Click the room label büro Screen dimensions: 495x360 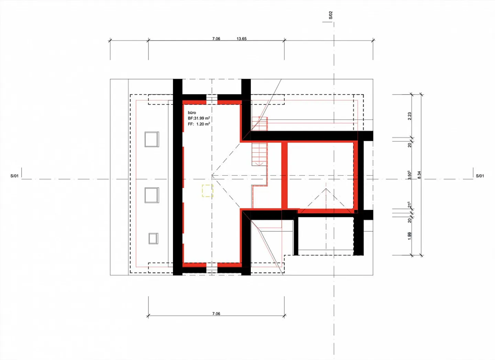click(x=192, y=113)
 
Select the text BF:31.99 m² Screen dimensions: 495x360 click(x=199, y=118)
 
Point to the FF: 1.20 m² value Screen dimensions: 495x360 click(x=199, y=124)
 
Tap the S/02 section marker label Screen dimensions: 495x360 click(x=331, y=15)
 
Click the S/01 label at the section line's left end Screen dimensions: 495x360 click(x=14, y=176)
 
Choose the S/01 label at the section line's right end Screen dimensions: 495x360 click(x=480, y=176)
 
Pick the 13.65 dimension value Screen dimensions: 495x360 click(x=242, y=39)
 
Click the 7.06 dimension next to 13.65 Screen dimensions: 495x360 click(x=216, y=39)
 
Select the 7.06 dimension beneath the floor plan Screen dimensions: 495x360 click(x=216, y=314)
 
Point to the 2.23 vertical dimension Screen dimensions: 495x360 click(x=409, y=116)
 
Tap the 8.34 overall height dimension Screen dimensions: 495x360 click(x=419, y=175)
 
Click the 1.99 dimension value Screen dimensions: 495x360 click(x=409, y=236)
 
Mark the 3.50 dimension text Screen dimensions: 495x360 click(x=409, y=175)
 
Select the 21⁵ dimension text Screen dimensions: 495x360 click(x=409, y=205)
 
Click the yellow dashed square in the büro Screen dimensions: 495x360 click(x=208, y=191)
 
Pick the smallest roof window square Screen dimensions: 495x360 click(x=153, y=239)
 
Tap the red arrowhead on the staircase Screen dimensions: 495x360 click(x=259, y=164)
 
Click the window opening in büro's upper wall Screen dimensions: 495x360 click(x=212, y=99)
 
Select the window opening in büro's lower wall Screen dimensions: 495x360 click(x=212, y=268)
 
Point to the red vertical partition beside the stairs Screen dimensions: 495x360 click(x=285, y=175)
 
